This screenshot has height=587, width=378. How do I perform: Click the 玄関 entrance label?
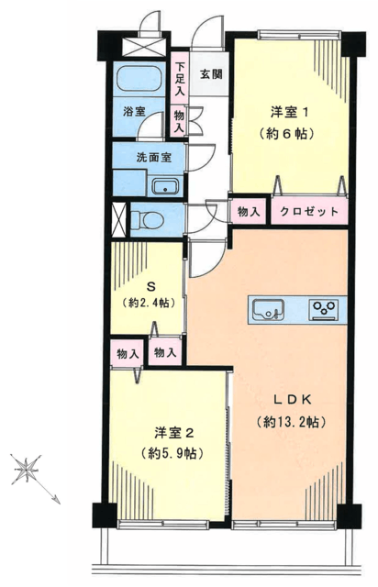[x=211, y=74]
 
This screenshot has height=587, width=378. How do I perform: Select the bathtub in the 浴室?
[x=139, y=78]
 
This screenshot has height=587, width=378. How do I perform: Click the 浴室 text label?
[x=134, y=112]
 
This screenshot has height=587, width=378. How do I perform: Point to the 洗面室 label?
[x=154, y=158]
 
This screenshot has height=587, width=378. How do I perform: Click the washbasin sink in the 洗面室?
[x=165, y=187]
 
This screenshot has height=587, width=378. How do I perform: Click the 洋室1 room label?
[x=290, y=112]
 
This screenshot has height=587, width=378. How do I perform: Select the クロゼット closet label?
[x=309, y=212]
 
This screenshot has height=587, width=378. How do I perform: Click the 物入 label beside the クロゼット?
[x=249, y=212]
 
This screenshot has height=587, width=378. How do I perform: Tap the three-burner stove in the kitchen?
[x=324, y=310]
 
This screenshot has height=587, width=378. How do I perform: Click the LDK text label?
[x=292, y=400]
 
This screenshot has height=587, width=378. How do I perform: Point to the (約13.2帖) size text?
[x=291, y=422]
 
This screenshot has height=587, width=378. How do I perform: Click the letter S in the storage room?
[x=150, y=287]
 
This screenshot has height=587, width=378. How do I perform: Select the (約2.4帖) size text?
[x=149, y=304]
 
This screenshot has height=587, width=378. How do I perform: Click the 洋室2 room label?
[x=173, y=433]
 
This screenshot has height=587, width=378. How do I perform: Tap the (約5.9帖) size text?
[x=172, y=454]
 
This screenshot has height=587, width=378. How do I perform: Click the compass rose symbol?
[x=27, y=469]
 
